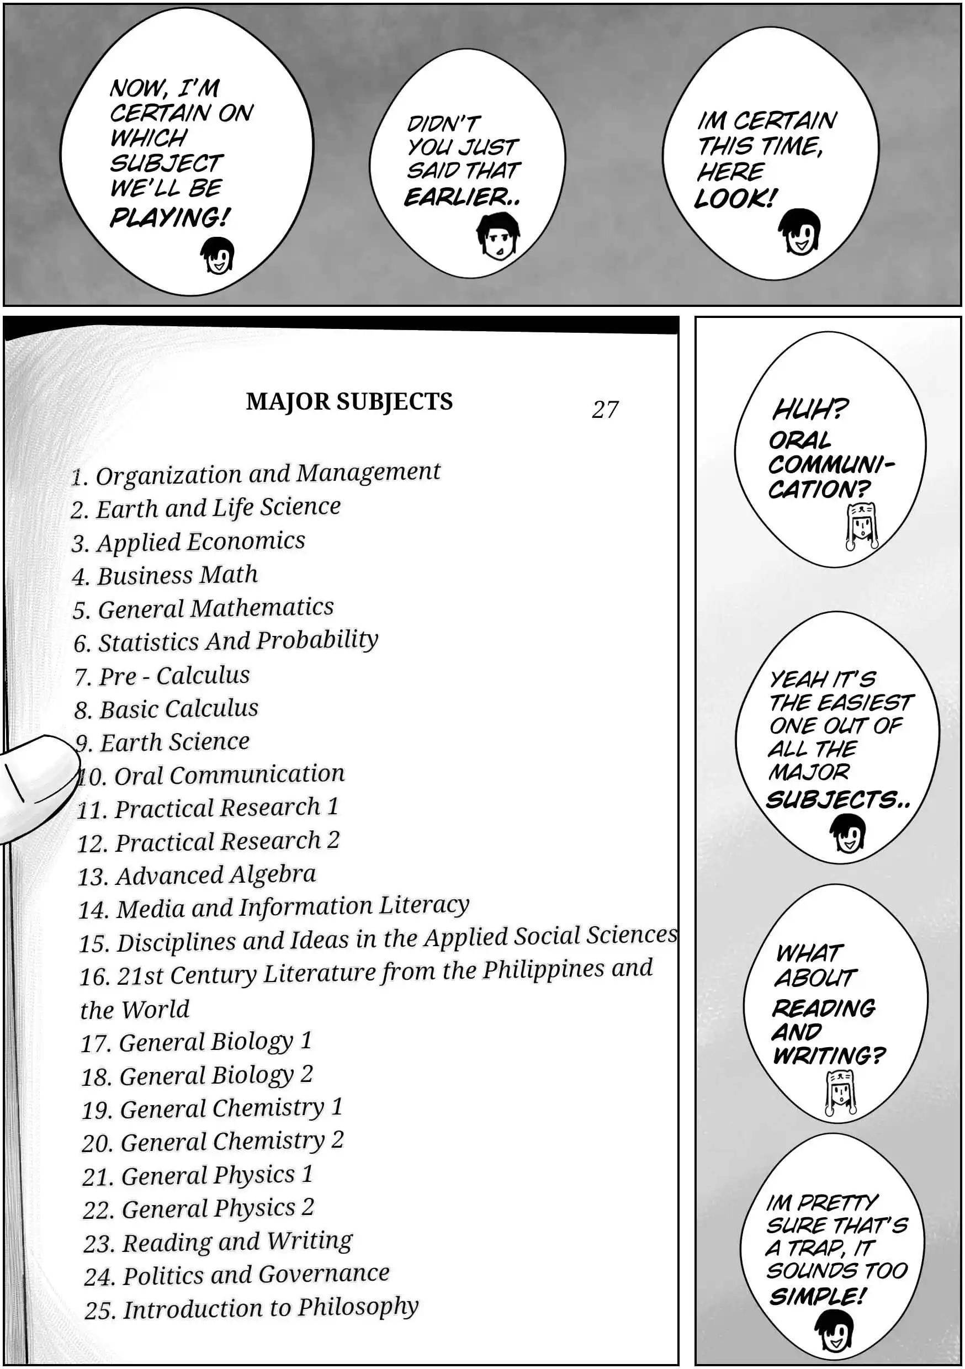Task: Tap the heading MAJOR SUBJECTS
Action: (349, 401)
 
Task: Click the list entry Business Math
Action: (165, 575)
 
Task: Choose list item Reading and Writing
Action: (218, 1241)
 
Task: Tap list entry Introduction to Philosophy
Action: (252, 1308)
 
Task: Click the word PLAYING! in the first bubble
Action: (169, 217)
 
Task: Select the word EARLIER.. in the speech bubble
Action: (462, 197)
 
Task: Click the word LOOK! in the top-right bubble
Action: (735, 198)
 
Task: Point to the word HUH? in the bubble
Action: (809, 410)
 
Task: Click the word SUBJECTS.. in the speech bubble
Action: (837, 799)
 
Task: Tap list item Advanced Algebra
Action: (197, 875)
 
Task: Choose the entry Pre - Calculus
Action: (162, 676)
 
